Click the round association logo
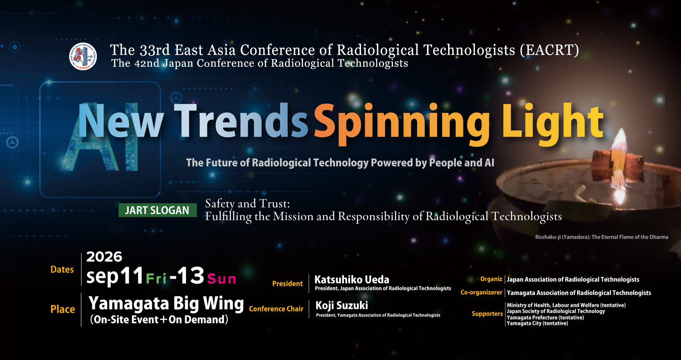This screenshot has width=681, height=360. point(83,56)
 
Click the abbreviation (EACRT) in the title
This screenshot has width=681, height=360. point(549,50)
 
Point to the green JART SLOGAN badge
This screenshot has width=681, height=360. point(157,210)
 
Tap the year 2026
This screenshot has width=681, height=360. point(104,257)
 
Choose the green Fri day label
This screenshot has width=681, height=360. point(156,279)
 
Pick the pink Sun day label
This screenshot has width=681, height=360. point(222,279)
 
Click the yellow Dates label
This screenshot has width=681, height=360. point(62,269)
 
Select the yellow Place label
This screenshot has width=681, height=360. point(63,309)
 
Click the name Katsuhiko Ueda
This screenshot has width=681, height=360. point(352,280)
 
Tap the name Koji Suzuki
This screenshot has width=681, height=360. point(342,306)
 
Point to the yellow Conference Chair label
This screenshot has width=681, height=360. point(276,309)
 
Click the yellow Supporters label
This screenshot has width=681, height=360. point(487,314)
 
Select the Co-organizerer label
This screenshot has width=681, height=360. point(481,292)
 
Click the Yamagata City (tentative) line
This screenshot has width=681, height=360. point(537,323)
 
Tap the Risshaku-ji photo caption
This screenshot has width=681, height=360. point(602,237)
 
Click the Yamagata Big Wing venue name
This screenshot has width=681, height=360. point(166,304)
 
